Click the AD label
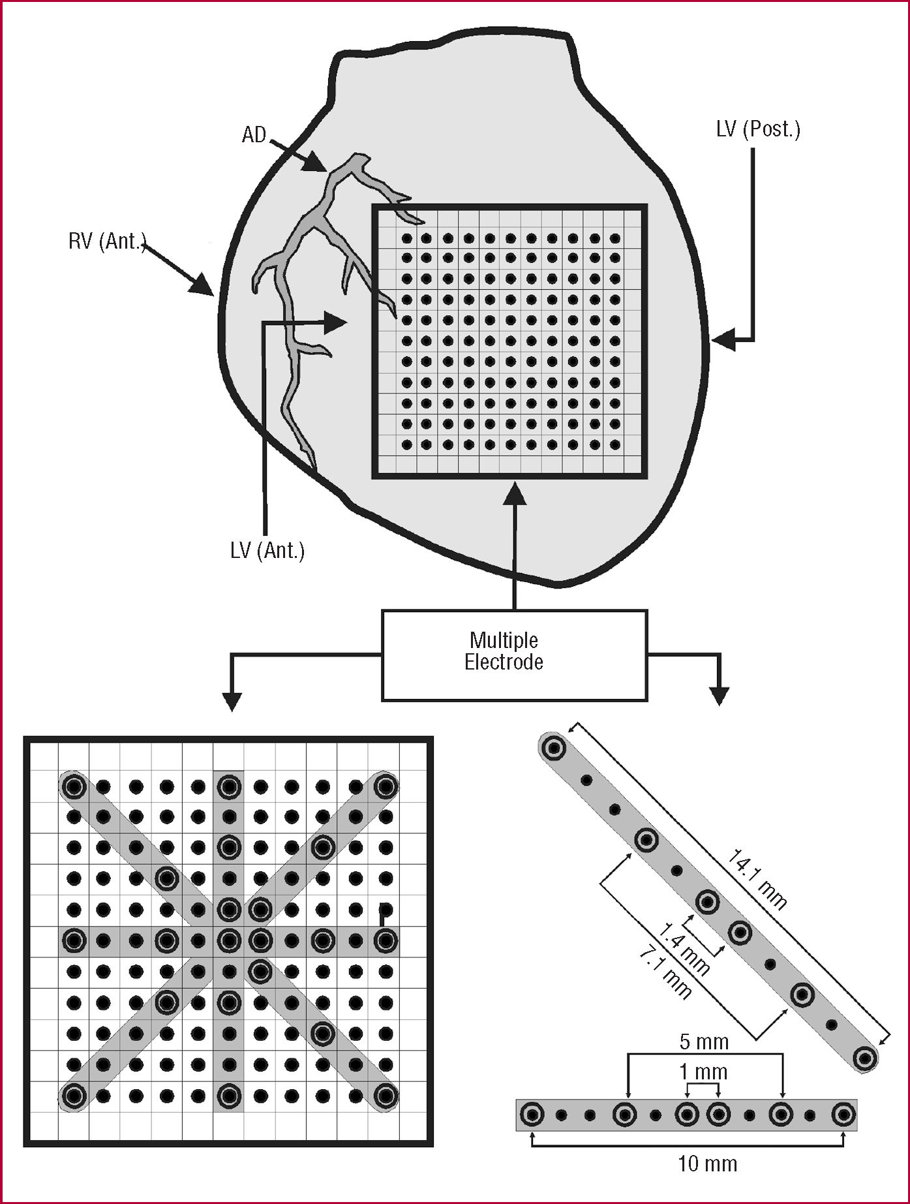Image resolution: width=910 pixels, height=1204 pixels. pyautogui.click(x=254, y=135)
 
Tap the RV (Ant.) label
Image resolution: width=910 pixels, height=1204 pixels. pyautogui.click(x=107, y=241)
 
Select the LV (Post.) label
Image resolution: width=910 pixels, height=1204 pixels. pyautogui.click(x=758, y=129)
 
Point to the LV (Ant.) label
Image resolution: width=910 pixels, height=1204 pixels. pyautogui.click(x=267, y=551)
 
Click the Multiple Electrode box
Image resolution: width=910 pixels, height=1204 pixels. pyautogui.click(x=514, y=655)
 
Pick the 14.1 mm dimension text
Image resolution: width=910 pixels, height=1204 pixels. pyautogui.click(x=757, y=879)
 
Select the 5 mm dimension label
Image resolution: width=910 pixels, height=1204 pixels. pyautogui.click(x=704, y=1042)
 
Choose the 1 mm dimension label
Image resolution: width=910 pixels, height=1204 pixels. pyautogui.click(x=703, y=1072)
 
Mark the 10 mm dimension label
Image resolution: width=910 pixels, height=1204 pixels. pyautogui.click(x=707, y=1164)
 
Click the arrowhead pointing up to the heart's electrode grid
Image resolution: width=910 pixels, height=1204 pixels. pyautogui.click(x=515, y=493)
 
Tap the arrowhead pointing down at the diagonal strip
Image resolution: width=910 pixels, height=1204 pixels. pyautogui.click(x=719, y=696)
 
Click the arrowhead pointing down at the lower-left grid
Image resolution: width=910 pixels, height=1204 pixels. pyautogui.click(x=232, y=702)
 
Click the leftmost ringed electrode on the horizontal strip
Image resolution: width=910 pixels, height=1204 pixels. pyautogui.click(x=532, y=1115)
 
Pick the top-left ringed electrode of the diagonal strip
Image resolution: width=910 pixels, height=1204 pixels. pyautogui.click(x=554, y=748)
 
